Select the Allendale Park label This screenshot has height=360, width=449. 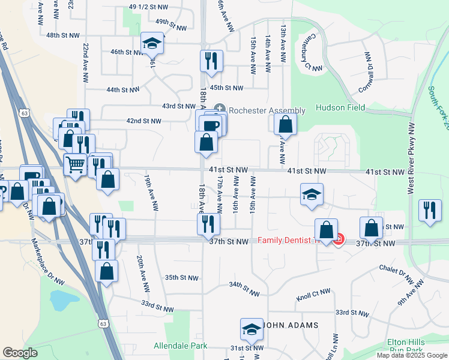tap(181, 346)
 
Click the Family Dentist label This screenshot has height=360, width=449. tap(286, 241)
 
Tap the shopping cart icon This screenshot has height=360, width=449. tap(76, 163)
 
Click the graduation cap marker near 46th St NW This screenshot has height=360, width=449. tap(152, 43)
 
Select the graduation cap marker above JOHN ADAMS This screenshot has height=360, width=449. tap(252, 329)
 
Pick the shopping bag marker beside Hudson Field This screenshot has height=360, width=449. tap(286, 124)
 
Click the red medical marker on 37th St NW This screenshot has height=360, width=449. tap(338, 240)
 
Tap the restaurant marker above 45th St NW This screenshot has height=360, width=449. tap(211, 61)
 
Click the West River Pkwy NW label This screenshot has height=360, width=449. tap(411, 158)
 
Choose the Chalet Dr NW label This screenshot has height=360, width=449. tap(396, 274)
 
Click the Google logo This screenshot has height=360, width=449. tap(20, 352)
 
